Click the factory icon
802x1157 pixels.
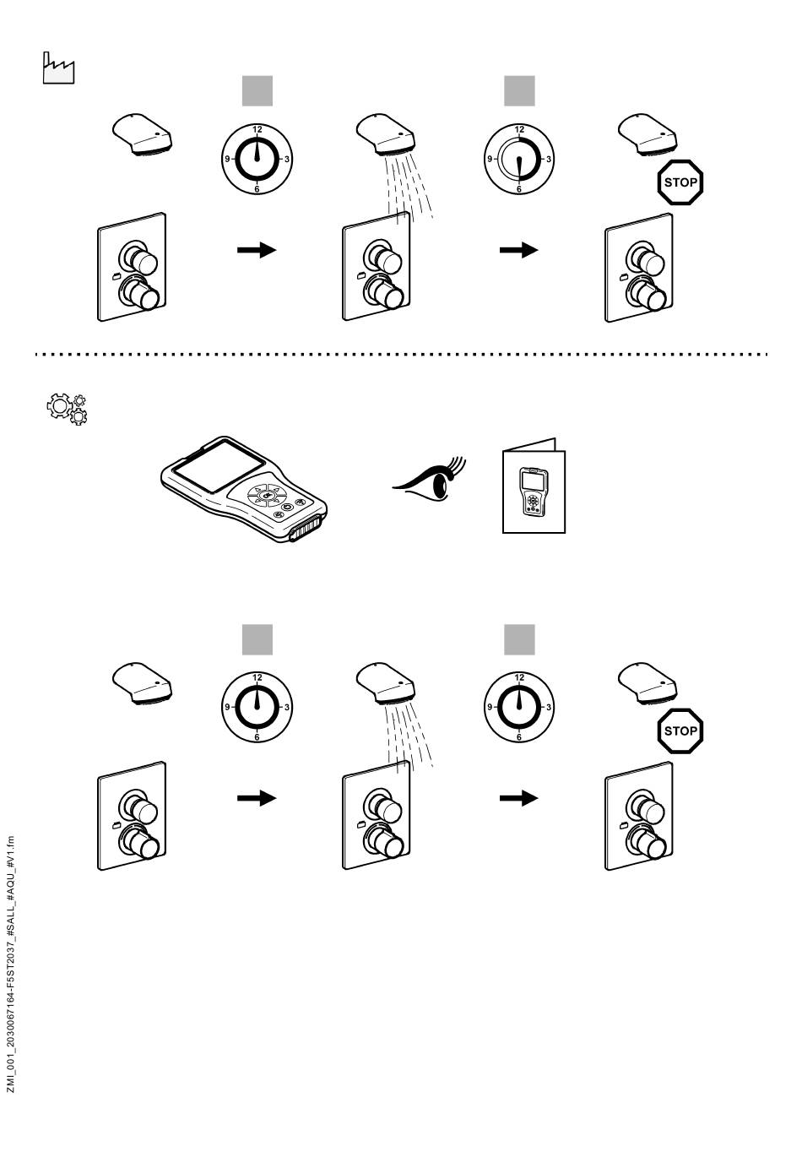pos(58,68)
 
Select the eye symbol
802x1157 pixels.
pos(430,478)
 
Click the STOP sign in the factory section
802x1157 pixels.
pos(680,182)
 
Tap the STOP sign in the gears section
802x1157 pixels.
pos(680,731)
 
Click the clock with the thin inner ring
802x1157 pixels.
pos(519,159)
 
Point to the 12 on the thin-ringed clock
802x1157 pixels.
pos(519,130)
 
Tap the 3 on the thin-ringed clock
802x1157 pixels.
pos(549,159)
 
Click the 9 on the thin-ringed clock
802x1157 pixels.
pos(489,159)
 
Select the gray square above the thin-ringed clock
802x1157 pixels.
pos(519,91)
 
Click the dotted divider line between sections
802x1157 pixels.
pos(401,355)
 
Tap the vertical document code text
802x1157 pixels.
pos(10,963)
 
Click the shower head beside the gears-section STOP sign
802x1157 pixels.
pos(648,682)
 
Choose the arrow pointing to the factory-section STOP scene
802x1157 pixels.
pos(518,250)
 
